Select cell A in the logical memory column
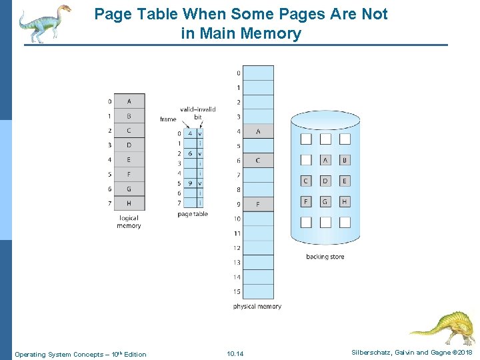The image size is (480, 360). (x=129, y=101)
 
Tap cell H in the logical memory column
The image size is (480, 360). (x=129, y=203)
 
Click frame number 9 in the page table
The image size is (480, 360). (x=190, y=183)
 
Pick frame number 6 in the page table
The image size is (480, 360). (x=190, y=153)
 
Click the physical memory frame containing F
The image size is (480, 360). (x=258, y=204)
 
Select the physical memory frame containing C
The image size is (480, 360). (x=258, y=160)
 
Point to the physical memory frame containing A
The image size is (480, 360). (x=258, y=131)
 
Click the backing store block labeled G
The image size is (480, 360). (x=325, y=201)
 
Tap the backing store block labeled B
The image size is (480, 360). (x=345, y=160)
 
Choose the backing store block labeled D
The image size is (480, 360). (x=325, y=181)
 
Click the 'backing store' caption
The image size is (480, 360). (x=325, y=257)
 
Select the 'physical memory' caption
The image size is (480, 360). (x=257, y=307)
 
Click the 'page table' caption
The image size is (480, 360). (x=193, y=214)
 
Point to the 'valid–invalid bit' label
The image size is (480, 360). (x=198, y=113)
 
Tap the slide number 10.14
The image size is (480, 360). (x=235, y=353)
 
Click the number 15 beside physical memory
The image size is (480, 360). (x=237, y=291)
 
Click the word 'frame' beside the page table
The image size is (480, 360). (x=168, y=119)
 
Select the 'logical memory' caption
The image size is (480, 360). (x=129, y=221)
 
